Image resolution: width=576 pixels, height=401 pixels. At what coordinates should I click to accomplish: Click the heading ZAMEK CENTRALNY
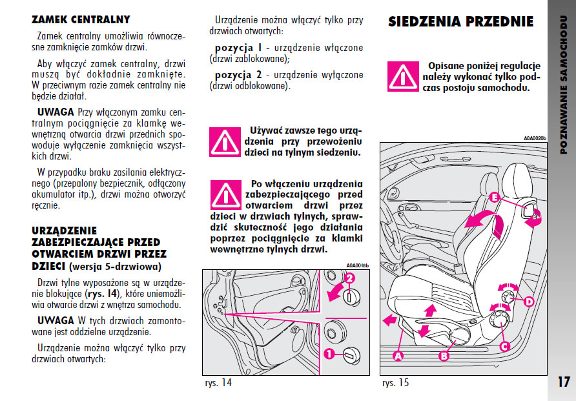81,19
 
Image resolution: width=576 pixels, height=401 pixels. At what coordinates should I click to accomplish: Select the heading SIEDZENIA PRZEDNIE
460,21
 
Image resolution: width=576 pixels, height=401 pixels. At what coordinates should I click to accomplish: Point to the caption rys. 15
395,383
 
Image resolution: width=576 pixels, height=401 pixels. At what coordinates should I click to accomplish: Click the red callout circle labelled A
398,355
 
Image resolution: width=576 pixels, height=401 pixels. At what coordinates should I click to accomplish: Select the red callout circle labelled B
444,355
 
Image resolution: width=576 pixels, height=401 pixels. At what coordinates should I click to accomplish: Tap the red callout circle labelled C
504,345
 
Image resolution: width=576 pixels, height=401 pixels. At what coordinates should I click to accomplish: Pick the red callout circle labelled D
528,302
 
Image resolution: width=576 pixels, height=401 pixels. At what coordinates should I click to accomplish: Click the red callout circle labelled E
494,198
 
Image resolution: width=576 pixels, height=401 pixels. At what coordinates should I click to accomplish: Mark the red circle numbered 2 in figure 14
349,278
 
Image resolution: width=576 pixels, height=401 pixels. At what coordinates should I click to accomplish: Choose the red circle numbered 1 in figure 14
329,354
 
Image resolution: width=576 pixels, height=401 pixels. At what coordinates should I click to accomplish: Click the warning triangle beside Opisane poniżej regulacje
402,77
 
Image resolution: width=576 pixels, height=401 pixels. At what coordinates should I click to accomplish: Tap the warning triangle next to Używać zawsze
224,141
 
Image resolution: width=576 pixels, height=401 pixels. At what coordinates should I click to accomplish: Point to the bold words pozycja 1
238,48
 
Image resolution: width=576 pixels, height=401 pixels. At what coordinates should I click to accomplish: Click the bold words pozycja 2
238,75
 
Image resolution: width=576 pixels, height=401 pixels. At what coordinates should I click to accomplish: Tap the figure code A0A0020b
535,138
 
